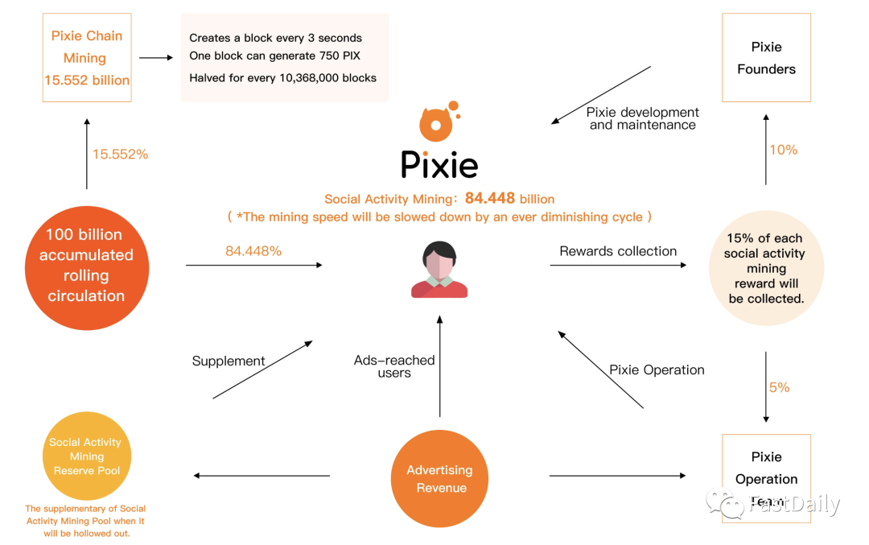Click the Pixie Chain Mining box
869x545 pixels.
pos(86,58)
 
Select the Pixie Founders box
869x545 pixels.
pos(766,58)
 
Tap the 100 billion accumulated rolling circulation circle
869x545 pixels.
pos(86,266)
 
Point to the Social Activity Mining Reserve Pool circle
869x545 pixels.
pos(86,456)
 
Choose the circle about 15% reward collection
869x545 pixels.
pos(766,269)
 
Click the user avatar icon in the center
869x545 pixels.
pos(439,270)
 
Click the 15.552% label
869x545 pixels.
pos(120,155)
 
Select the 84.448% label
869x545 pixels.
pos(253,251)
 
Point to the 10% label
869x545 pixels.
pos(783,150)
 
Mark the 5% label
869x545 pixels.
pos(779,387)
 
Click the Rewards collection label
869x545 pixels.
pos(618,251)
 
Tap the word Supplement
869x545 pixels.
pos(229,361)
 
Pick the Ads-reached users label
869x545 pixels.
pos(394,366)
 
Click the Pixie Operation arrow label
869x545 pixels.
pos(657,370)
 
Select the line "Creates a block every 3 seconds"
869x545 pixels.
pos(275,38)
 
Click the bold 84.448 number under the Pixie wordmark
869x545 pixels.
pos(489,198)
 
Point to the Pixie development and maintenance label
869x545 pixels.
pos(642,118)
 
